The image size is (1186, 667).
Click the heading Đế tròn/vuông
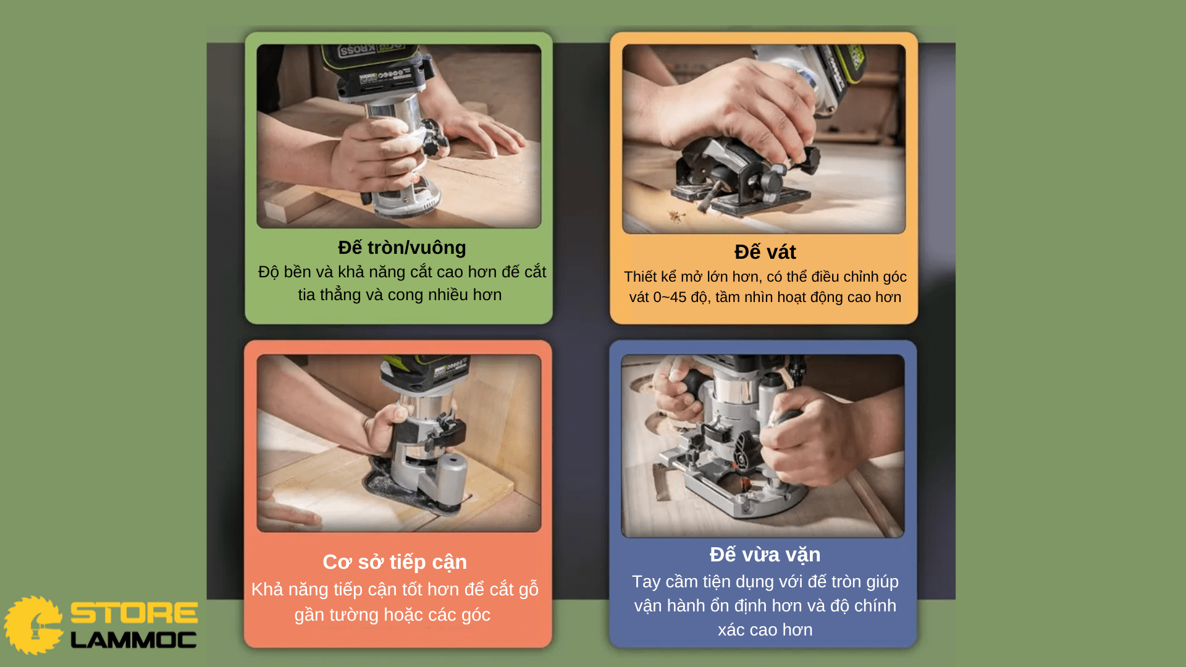pos(402,248)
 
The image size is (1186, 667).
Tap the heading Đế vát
pos(765,252)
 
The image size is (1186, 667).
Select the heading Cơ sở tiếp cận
pos(395,562)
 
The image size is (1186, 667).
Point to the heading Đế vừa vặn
pos(765,555)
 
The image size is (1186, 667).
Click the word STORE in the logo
pos(134,613)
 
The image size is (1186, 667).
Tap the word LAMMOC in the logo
pos(134,640)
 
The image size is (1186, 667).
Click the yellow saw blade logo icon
pos(33,625)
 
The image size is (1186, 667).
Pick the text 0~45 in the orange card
pos(670,297)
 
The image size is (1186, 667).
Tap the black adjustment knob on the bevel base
pos(772,182)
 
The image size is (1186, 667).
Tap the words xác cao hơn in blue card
pos(765,630)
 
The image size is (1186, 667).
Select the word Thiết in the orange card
pos(640,277)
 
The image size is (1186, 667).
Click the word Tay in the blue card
pos(646,582)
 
